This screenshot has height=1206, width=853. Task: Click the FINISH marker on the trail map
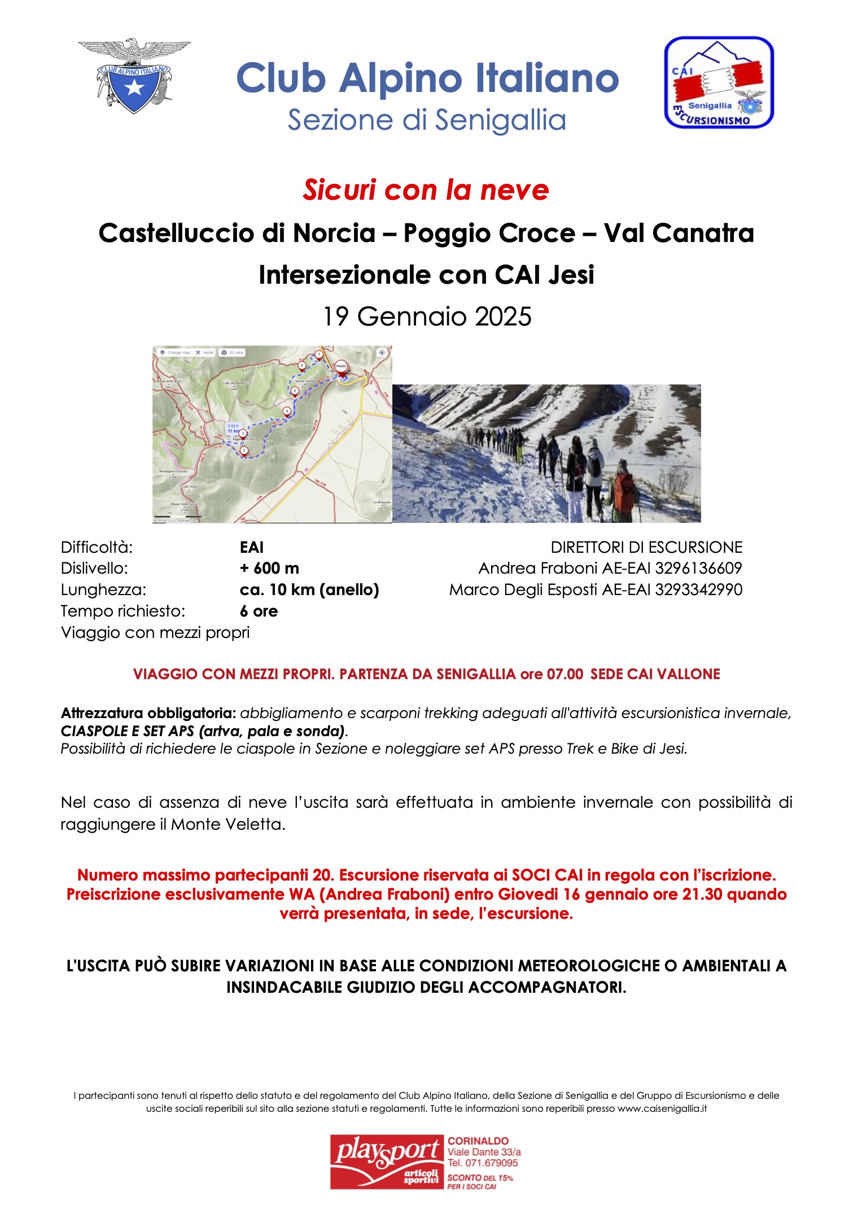coord(341,367)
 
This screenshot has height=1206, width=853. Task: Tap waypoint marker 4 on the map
coord(287,411)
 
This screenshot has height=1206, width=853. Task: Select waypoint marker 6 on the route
coord(302,366)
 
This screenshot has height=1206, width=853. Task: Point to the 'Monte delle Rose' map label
coord(169,382)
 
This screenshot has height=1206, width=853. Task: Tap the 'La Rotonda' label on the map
coord(381,502)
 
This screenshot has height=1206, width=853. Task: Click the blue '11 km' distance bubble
coord(233,429)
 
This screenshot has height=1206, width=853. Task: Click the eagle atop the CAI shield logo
coord(134,50)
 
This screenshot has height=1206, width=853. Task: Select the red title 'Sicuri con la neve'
coord(426,190)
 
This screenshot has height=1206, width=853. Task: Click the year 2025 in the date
coord(503,316)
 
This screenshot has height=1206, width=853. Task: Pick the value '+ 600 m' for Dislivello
coord(269,568)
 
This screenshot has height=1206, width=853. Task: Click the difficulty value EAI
coord(252,547)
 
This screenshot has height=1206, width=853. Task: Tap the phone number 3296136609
coord(698,568)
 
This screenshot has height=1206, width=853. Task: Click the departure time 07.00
coord(565,674)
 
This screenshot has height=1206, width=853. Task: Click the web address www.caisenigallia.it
coord(662,1108)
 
